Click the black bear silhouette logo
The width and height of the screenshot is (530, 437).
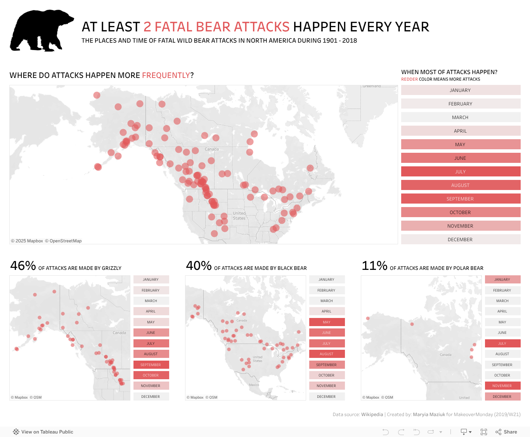pyautogui.click(x=41, y=31)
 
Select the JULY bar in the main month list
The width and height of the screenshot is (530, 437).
pyautogui.click(x=461, y=172)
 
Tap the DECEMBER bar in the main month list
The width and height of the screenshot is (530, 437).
pyautogui.click(x=461, y=240)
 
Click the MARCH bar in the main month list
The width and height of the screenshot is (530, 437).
pyautogui.click(x=461, y=117)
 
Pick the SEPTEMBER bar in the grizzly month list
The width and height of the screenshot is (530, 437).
pyautogui.click(x=151, y=365)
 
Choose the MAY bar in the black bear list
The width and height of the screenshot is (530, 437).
pyautogui.click(x=327, y=322)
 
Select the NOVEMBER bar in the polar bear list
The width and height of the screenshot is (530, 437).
pyautogui.click(x=502, y=386)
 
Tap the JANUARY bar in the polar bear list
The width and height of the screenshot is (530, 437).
pyautogui.click(x=502, y=280)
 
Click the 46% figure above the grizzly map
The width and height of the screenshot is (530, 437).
pyautogui.click(x=23, y=266)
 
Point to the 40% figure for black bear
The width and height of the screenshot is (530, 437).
pyautogui.click(x=199, y=266)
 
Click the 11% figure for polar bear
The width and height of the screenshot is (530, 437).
pyautogui.click(x=374, y=266)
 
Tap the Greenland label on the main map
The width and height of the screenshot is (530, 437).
pyautogui.click(x=372, y=86)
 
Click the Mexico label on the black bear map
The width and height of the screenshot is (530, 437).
pyautogui.click(x=254, y=385)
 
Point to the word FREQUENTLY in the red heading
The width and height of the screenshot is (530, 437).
pyautogui.click(x=166, y=75)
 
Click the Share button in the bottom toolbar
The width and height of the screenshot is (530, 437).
pyautogui.click(x=506, y=432)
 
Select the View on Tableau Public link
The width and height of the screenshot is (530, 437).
pyautogui.click(x=43, y=432)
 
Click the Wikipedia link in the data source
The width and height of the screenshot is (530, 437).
pyautogui.click(x=372, y=415)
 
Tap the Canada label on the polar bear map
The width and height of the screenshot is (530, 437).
pyautogui.click(x=445, y=355)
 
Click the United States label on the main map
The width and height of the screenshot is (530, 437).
pyautogui.click(x=239, y=216)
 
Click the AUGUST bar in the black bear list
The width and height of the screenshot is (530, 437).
pyautogui.click(x=327, y=354)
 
